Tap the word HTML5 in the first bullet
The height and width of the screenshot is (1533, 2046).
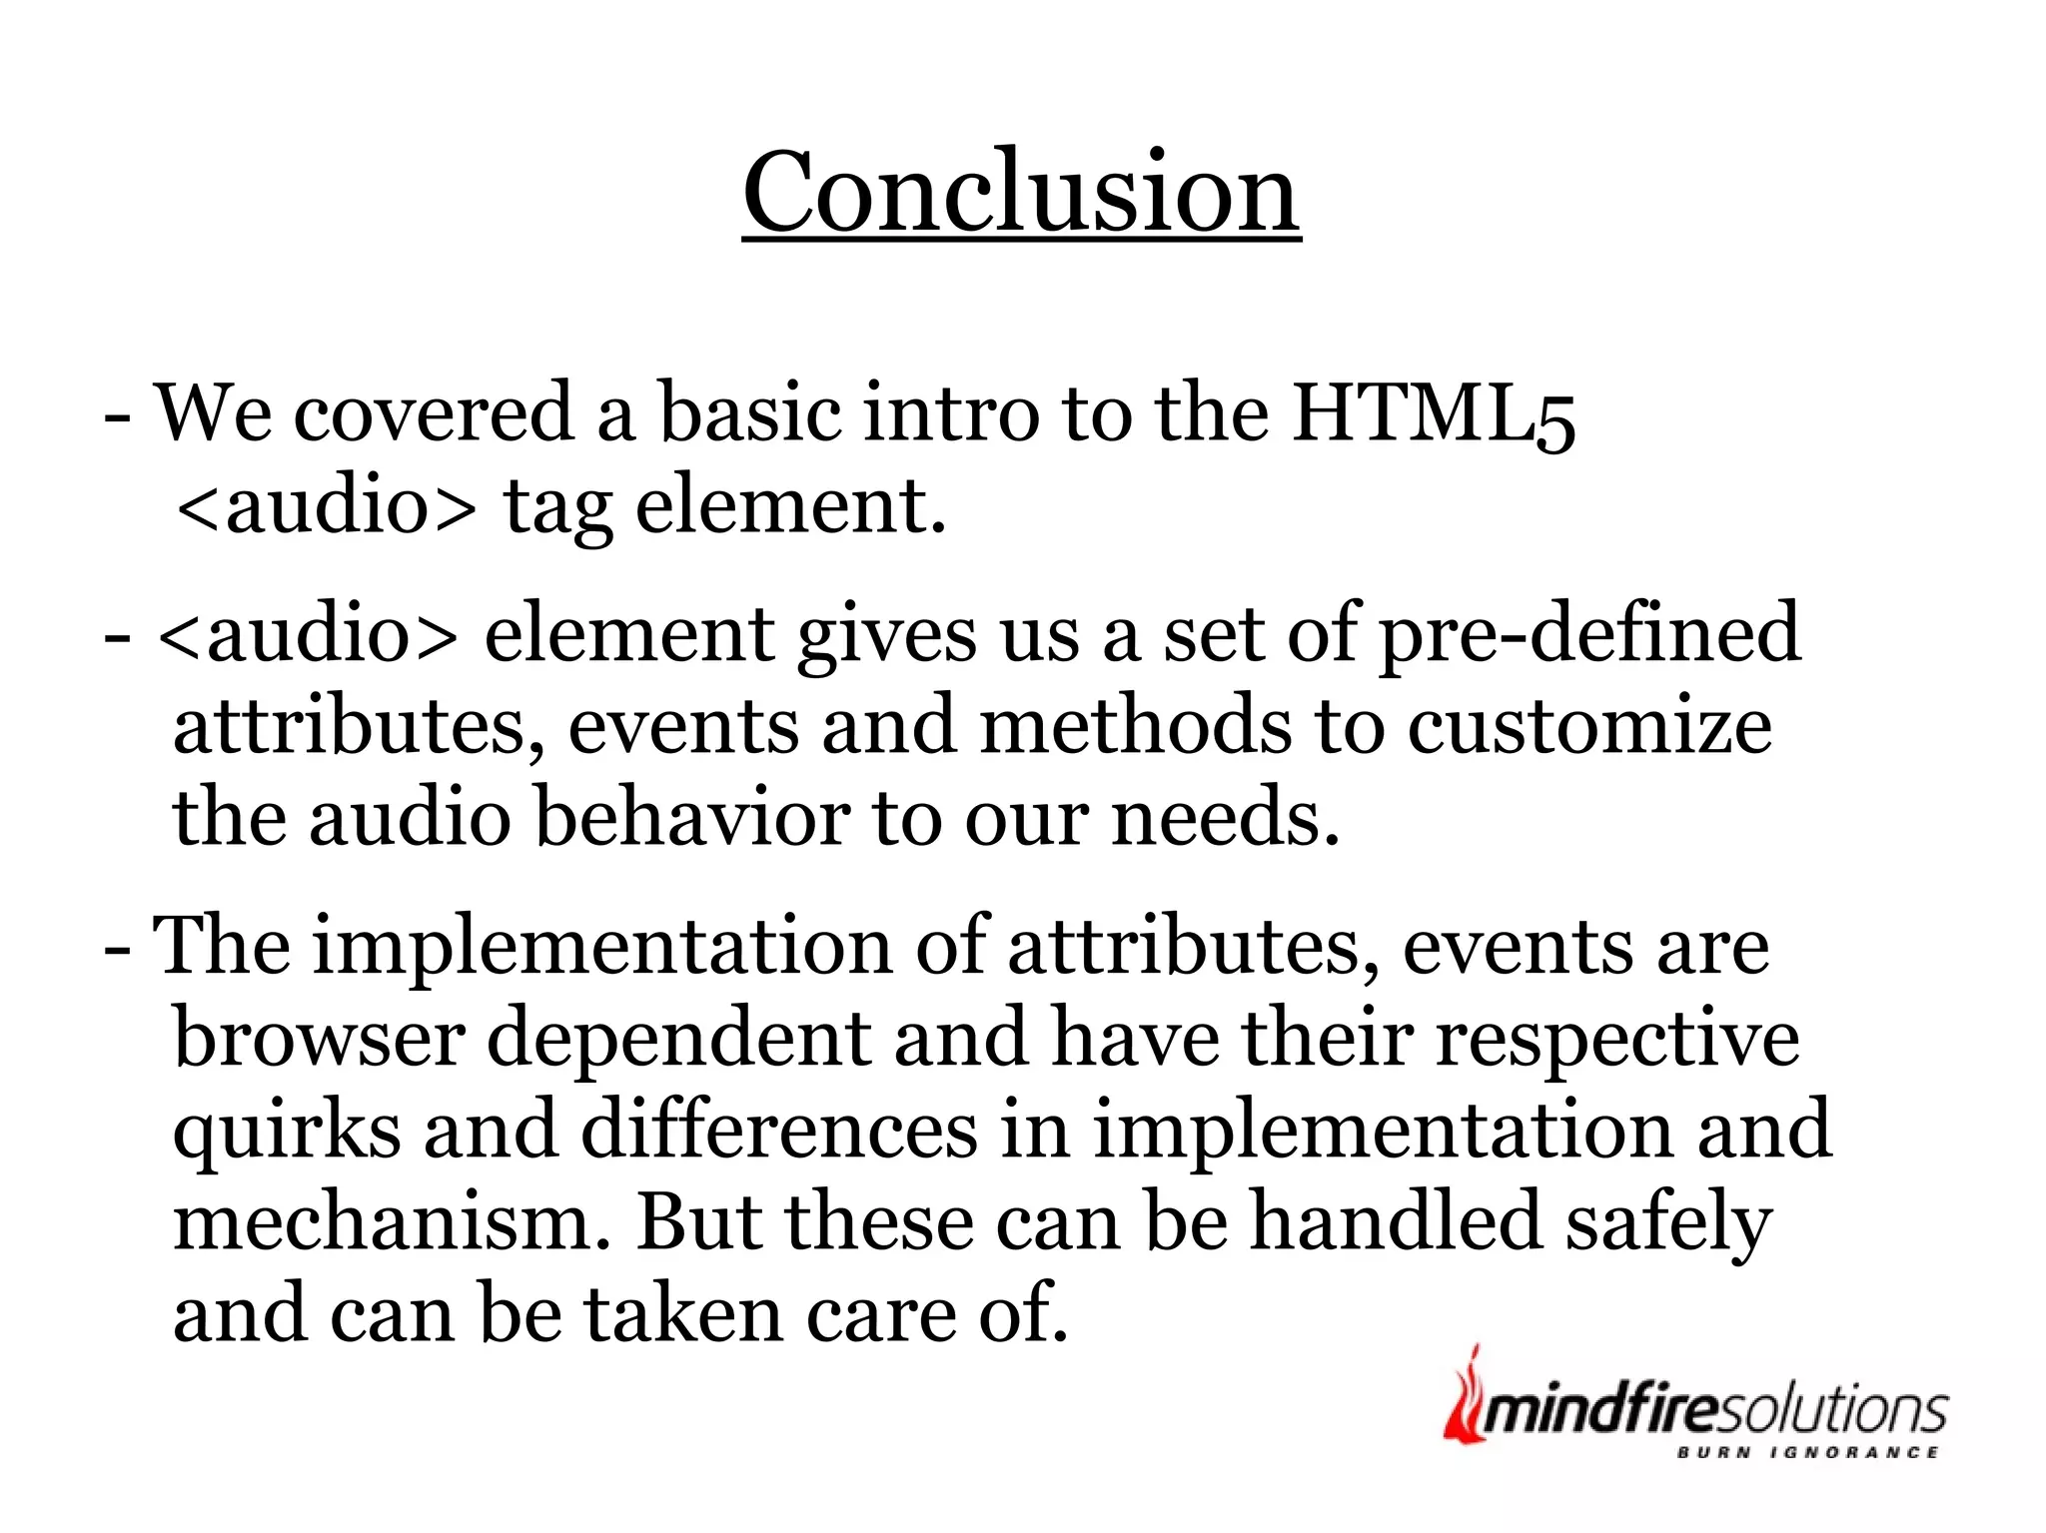tap(1434, 413)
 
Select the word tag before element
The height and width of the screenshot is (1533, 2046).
tap(557, 507)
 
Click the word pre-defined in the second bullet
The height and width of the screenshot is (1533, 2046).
tap(1589, 635)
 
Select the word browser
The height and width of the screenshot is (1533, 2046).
tap(319, 1039)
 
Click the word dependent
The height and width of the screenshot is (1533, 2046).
tap(678, 1041)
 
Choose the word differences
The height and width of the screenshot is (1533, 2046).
tap(779, 1131)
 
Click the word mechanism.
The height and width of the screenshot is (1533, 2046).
tap(391, 1222)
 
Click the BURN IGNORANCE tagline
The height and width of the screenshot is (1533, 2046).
tap(1807, 1453)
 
